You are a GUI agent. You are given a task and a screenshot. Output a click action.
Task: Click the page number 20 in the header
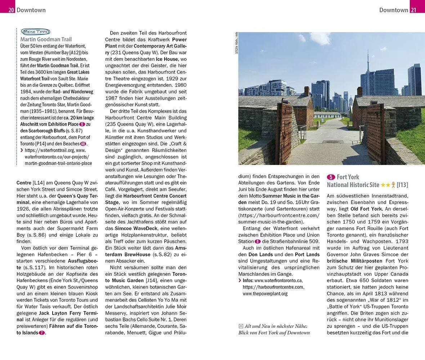[x=12, y=10]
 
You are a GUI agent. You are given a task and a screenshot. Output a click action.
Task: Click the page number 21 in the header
[x=413, y=10]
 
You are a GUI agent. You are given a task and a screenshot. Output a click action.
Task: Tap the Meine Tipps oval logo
[x=35, y=32]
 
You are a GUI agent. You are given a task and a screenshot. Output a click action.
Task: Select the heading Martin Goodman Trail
[x=46, y=40]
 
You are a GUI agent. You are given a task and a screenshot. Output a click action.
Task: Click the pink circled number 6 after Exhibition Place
[x=82, y=124]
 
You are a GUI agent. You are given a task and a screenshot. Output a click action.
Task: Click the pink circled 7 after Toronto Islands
[x=42, y=333]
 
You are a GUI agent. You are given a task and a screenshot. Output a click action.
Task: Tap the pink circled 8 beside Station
[x=258, y=242]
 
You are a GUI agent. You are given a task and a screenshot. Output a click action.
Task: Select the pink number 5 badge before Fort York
[x=331, y=177]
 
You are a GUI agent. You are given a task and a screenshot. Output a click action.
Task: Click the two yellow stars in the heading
[x=385, y=185]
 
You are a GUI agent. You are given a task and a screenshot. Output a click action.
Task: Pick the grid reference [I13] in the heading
[x=402, y=185]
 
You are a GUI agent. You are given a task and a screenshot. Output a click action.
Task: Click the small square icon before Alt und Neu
[x=241, y=326]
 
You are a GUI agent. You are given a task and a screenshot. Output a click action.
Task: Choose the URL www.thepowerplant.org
[x=265, y=293]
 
